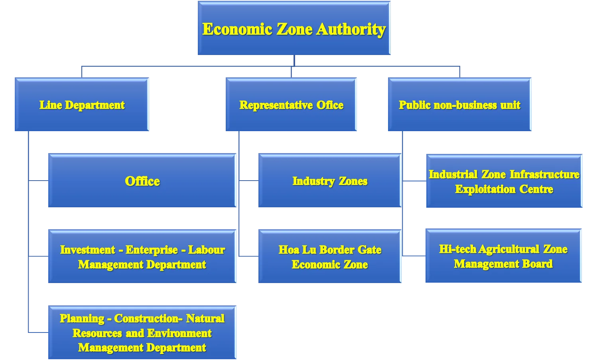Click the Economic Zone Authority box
294,28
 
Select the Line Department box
82,104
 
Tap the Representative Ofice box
291,104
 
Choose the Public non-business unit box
459,104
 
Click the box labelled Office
142,180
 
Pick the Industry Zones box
330,180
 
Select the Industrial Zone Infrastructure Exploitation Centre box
504,181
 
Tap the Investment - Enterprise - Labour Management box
142,256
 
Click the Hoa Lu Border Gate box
330,256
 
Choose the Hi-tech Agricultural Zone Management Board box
503,256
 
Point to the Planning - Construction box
142,332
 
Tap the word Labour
207,250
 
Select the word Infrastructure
544,175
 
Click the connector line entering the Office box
38,181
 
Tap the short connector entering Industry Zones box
248,181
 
